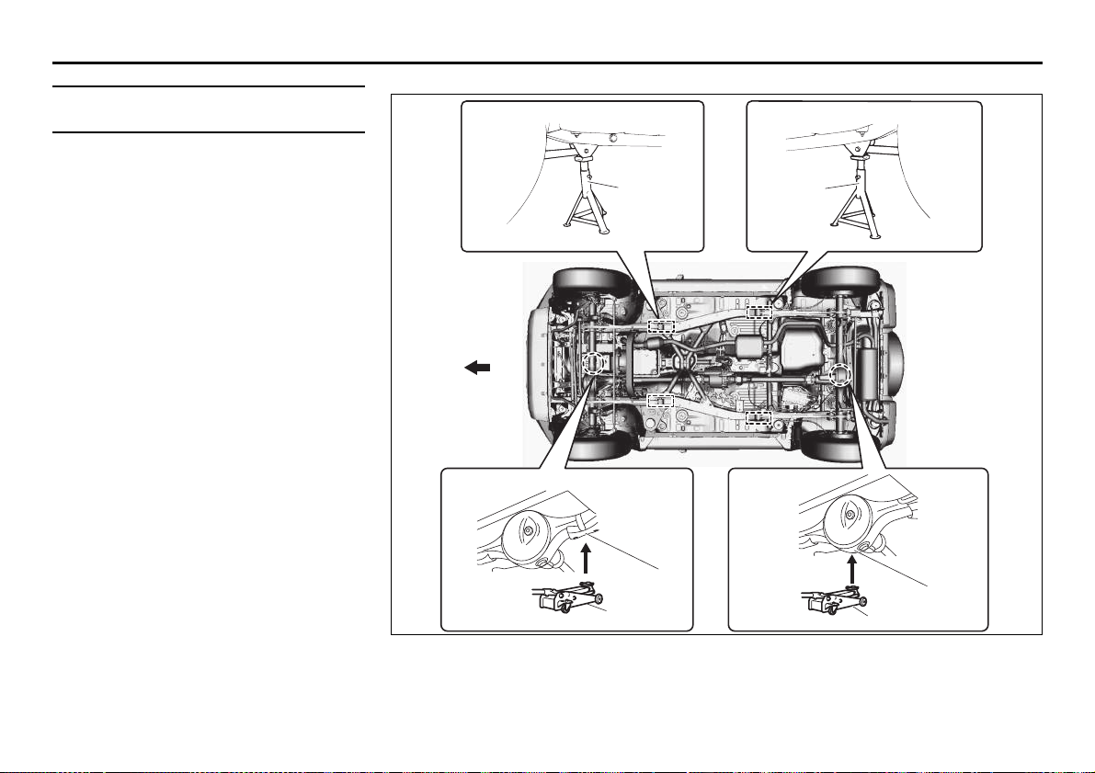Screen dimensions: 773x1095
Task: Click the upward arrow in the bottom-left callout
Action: (584, 559)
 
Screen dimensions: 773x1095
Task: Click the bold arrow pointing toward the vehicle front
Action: (478, 368)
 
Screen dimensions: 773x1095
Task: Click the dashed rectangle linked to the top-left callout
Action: (661, 326)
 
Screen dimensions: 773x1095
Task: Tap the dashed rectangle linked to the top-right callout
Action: (759, 312)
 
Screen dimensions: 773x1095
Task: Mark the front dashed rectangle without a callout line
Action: (661, 400)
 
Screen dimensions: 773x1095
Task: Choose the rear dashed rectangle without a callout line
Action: (759, 417)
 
